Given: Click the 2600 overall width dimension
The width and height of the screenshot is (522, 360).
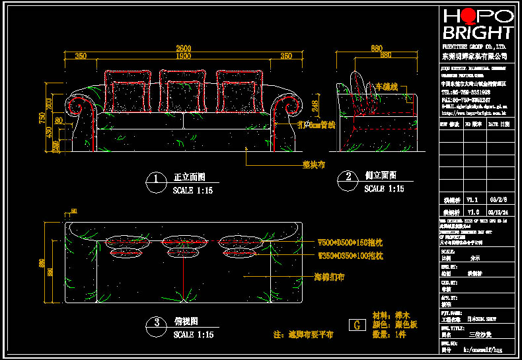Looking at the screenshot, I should pyautogui.click(x=183, y=48).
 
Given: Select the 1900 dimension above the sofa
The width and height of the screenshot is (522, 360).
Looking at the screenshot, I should pyautogui.click(x=183, y=56).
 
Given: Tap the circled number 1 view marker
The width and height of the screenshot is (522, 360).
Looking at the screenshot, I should pyautogui.click(x=155, y=179).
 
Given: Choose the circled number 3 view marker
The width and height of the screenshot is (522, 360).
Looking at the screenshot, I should pyautogui.click(x=156, y=323).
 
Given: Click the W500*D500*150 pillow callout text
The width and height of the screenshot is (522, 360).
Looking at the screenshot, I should pyautogui.click(x=350, y=242).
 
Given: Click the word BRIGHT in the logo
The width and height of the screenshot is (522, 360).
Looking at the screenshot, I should pyautogui.click(x=478, y=32).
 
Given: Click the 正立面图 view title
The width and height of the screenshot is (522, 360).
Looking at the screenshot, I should pyautogui.click(x=190, y=178).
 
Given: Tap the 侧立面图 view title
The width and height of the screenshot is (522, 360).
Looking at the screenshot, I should pyautogui.click(x=381, y=176).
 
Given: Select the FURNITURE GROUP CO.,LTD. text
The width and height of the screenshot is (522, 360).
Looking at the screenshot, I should pyautogui.click(x=474, y=48).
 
